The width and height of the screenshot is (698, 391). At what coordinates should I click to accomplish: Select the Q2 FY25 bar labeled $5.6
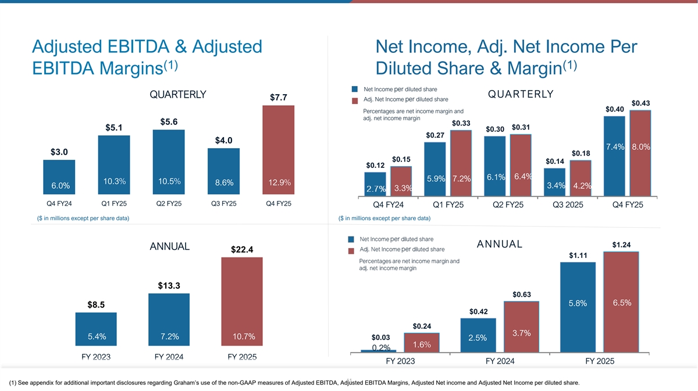(x=168, y=163)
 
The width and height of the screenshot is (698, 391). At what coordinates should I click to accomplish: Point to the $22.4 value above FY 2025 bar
(x=241, y=250)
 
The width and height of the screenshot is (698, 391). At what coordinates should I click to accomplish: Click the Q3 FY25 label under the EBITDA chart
(x=223, y=204)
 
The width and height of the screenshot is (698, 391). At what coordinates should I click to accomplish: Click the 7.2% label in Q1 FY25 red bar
(x=461, y=178)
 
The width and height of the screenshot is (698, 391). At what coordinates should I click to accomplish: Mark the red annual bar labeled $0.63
(x=521, y=326)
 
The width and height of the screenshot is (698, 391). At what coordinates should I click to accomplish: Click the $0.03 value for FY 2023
(x=380, y=337)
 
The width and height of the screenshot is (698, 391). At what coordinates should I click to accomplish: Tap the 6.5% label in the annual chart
(x=622, y=303)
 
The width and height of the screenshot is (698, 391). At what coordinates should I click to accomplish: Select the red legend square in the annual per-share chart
(x=351, y=251)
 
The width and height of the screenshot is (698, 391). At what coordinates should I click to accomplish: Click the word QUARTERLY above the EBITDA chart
(x=178, y=96)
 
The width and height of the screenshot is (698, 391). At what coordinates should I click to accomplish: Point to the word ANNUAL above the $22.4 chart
(x=169, y=246)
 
